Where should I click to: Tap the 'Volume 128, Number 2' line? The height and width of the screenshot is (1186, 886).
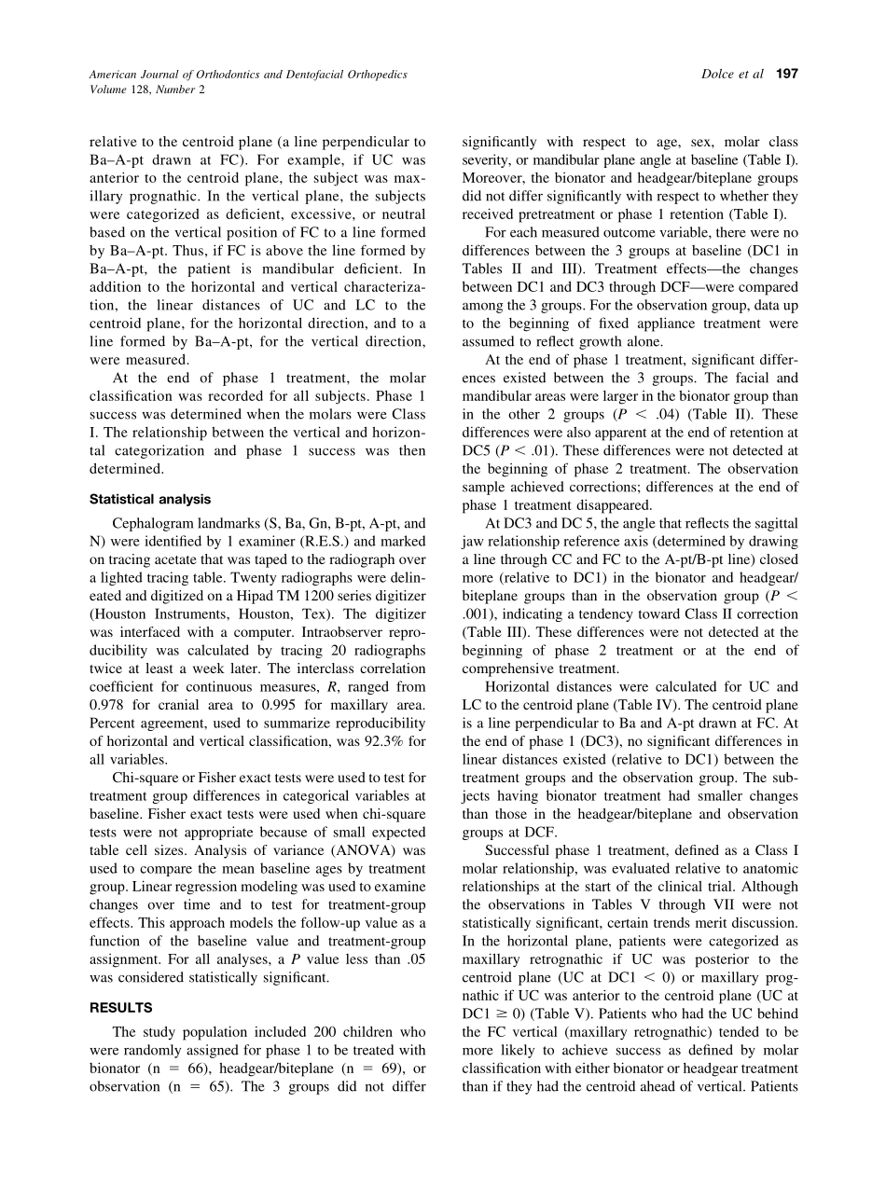coord(146,90)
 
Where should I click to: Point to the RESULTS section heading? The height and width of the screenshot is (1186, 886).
coord(120,1008)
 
